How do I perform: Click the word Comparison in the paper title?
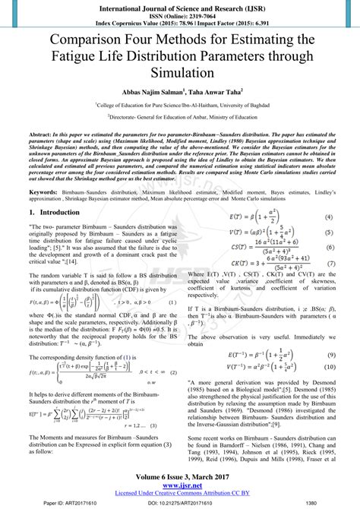83,40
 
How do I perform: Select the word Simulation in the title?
179,74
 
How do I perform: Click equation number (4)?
328,217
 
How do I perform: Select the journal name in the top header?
179,5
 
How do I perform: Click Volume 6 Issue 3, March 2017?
179,473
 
